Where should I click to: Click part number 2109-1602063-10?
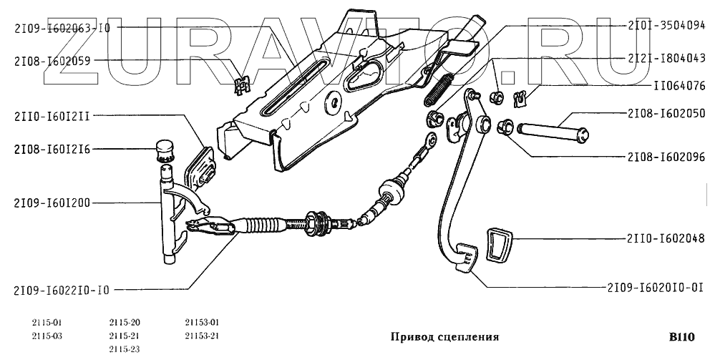62,28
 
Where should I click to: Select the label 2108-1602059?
62,61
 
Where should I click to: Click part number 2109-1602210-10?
62,291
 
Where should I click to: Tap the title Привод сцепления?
444,336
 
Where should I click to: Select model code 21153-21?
202,336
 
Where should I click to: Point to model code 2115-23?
125,349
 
